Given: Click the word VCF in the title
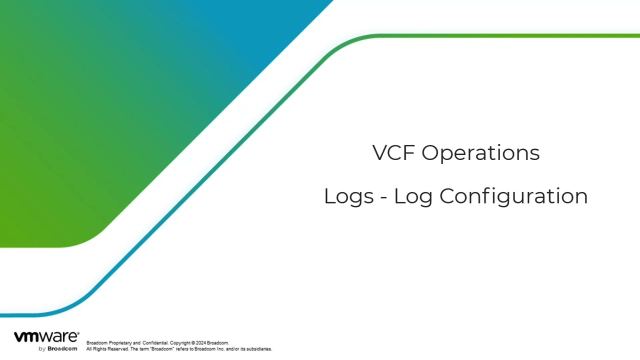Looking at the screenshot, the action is point(393,152).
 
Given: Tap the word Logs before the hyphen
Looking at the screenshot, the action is point(349,197).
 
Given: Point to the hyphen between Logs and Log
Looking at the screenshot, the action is point(383,197).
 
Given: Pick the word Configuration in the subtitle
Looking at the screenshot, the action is point(513,196).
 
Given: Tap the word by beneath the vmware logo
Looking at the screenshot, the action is point(42,349).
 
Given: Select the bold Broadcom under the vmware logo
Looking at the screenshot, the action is point(62,349).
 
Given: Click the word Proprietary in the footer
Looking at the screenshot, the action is point(120,343).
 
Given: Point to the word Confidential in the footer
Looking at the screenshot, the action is point(155,343).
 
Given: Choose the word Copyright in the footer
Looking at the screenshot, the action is point(180,343).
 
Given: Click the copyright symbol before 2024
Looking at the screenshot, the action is point(193,343).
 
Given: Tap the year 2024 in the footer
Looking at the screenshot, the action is point(201,343).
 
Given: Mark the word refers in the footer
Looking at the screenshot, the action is point(181,349).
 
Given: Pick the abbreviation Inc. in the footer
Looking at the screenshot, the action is point(221,349).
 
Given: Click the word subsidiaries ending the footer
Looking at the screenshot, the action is point(259,349).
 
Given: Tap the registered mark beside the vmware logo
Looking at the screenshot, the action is point(78,333).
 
